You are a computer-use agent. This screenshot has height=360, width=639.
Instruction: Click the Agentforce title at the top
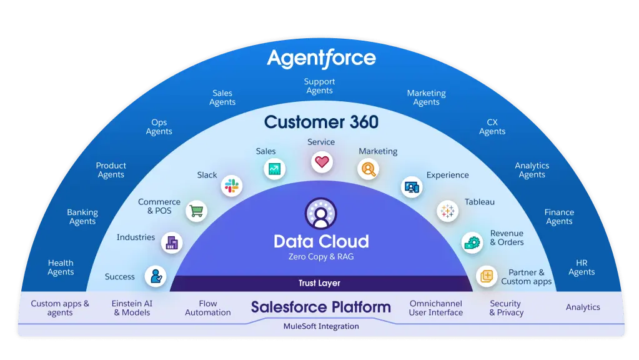321,59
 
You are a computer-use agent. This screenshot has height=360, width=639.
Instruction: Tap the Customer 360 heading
321,122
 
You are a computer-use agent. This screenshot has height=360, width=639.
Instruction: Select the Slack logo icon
232,186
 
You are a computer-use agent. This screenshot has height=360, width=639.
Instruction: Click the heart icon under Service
322,162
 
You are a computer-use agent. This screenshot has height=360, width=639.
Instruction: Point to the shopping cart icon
196,211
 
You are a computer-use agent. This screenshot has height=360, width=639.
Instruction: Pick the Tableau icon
447,211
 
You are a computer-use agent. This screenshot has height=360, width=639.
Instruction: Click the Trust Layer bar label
320,283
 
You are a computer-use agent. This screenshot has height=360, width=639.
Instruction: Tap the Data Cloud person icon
320,214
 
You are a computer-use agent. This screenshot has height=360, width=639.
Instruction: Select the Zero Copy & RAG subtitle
321,256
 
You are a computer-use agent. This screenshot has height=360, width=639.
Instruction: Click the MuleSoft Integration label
321,326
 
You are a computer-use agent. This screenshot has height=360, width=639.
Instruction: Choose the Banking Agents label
82,217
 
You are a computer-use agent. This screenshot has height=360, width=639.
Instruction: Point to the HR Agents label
582,267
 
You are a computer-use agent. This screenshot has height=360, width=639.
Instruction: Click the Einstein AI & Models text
132,308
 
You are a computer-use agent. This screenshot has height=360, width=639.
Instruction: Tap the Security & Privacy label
506,308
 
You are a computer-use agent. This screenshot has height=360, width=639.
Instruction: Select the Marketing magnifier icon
368,169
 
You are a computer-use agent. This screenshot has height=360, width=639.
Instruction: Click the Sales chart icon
274,169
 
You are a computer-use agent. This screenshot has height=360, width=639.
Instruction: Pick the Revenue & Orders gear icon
472,243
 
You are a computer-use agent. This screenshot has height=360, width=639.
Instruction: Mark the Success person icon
156,276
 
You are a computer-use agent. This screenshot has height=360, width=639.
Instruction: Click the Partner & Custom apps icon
487,276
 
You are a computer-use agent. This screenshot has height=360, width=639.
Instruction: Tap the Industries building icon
172,243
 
